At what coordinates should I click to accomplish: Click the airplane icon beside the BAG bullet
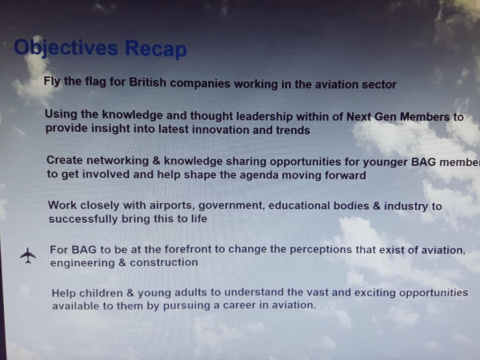click(x=28, y=255)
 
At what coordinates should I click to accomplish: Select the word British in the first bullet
click(x=147, y=83)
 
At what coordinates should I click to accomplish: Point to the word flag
click(x=95, y=82)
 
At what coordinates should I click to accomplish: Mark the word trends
click(x=293, y=130)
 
